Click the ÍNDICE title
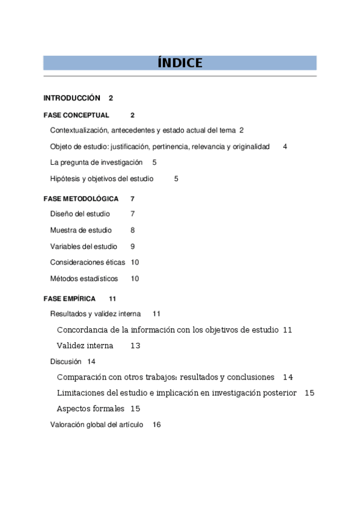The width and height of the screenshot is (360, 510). [180, 63]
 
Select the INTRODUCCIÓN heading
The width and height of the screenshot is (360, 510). [72, 97]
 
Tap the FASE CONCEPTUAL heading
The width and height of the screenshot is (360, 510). [76, 115]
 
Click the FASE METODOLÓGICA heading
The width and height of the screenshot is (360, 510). [81, 198]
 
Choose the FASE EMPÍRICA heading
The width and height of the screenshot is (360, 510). [69, 298]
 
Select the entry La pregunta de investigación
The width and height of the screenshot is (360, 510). [96, 162]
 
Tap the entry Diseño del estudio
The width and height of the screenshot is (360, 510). [80, 214]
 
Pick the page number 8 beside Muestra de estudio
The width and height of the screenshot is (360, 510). [132, 230]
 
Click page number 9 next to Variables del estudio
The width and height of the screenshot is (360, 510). [132, 247]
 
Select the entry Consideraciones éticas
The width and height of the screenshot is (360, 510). [88, 262]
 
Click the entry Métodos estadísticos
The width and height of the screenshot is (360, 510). [84, 278]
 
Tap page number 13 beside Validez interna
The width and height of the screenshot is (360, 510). [135, 346]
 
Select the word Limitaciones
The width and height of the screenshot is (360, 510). [84, 393]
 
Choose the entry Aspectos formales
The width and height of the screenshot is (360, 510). [90, 408]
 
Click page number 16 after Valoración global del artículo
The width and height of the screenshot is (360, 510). [157, 425]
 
